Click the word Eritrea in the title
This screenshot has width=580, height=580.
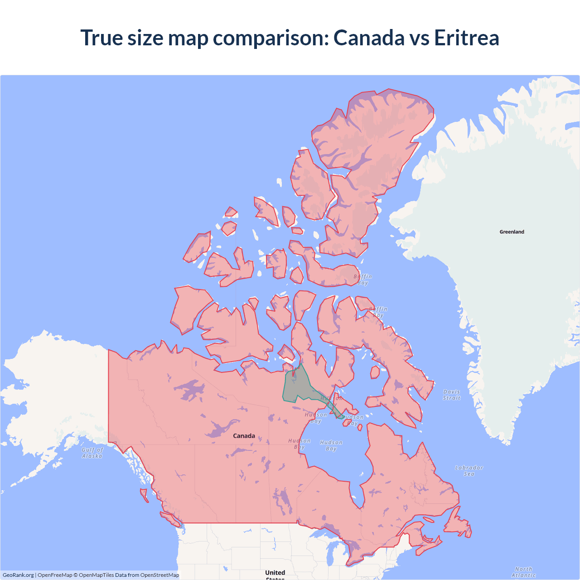tap(466, 38)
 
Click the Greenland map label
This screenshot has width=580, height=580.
tap(512, 232)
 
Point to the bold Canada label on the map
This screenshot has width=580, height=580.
tap(244, 436)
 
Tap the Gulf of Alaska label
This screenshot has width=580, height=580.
tap(92, 453)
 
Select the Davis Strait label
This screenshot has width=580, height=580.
tap(451, 395)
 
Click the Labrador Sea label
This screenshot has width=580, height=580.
tap(469, 471)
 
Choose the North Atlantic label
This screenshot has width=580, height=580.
tap(523, 572)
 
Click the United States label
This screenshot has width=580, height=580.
tap(275, 574)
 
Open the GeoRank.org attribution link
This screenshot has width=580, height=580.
tap(18, 575)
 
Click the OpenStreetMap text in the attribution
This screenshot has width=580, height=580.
tap(159, 575)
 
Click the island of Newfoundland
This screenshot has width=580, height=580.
tap(458, 526)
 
